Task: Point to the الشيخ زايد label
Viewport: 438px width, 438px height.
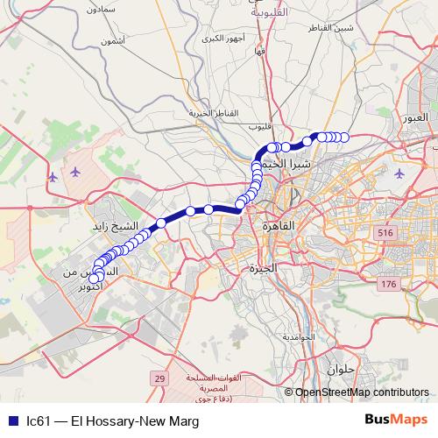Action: pyautogui.click(x=121, y=226)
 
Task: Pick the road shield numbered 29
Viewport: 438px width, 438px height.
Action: pyautogui.click(x=159, y=378)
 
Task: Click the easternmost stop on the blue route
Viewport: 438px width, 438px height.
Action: pyautogui.click(x=343, y=137)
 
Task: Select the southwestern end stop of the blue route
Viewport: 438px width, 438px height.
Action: pyautogui.click(x=96, y=279)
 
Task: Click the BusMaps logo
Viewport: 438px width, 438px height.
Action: pyautogui.click(x=395, y=420)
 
